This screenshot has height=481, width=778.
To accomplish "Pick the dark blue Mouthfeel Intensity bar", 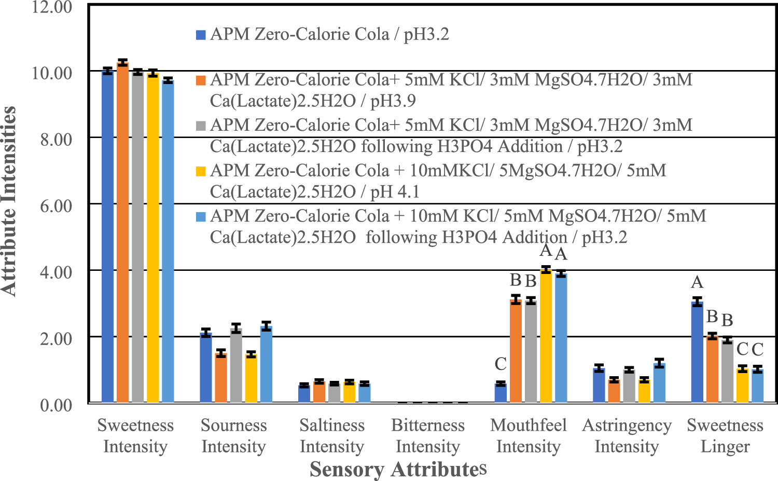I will pyautogui.click(x=501, y=393).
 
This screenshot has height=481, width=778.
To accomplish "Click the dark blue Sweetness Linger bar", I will pyautogui.click(x=697, y=352).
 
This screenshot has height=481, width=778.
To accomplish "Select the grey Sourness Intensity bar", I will pyautogui.click(x=236, y=365).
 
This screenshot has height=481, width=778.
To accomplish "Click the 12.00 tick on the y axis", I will pyautogui.click(x=52, y=7).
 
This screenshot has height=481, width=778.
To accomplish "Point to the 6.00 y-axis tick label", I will pyautogui.click(x=56, y=205).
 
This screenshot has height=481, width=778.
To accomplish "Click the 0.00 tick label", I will pyautogui.click(x=56, y=405).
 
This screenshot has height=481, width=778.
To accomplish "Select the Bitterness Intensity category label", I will pyautogui.click(x=428, y=435).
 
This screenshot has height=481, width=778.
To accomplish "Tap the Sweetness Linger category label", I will pyautogui.click(x=725, y=435).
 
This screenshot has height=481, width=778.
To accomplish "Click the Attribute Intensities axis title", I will pyautogui.click(x=9, y=201).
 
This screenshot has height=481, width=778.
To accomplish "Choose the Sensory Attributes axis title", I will pyautogui.click(x=398, y=469).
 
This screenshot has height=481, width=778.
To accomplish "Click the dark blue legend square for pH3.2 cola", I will pyautogui.click(x=201, y=35).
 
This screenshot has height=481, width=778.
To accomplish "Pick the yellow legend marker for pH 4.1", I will pyautogui.click(x=201, y=171).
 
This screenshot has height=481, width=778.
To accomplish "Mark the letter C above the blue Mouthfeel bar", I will pyautogui.click(x=501, y=364).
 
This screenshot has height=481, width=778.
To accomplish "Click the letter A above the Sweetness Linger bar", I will pyautogui.click(x=697, y=282).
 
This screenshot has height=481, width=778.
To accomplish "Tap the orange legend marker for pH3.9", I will pyautogui.click(x=201, y=80).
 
